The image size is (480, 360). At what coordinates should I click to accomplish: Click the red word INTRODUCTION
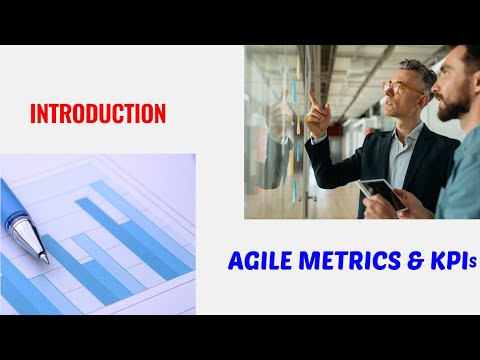click(98, 114)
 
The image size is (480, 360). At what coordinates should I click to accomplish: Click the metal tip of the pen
click(28, 240)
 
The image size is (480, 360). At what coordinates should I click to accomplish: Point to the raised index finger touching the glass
click(311, 98)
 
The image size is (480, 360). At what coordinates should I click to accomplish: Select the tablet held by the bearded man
click(384, 193)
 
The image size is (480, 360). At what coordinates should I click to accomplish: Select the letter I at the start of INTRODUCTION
click(34, 114)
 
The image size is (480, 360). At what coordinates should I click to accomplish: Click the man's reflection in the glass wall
click(275, 130)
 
